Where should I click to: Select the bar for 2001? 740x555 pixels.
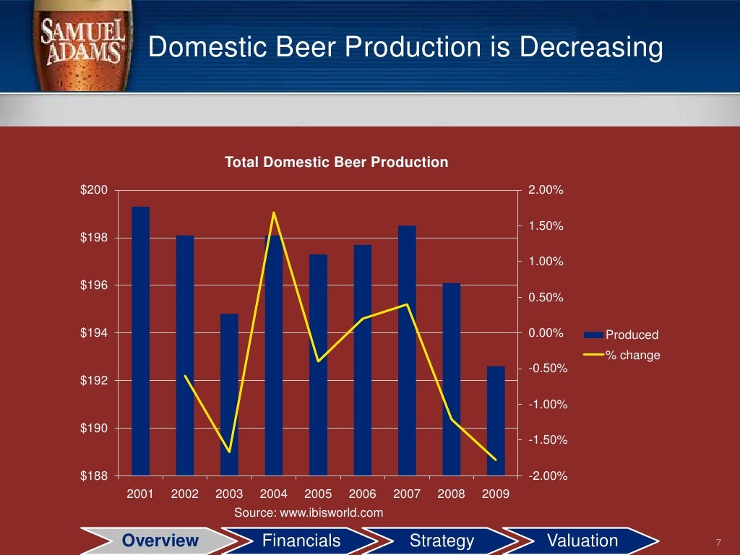140,340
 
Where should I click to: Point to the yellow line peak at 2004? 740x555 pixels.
274,212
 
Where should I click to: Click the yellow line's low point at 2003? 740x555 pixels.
230,452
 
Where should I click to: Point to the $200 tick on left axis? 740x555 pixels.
94,190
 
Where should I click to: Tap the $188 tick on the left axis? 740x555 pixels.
94,476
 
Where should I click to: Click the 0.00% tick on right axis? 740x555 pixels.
546,333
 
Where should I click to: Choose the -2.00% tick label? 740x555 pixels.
548,476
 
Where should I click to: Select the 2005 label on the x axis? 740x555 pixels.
318,494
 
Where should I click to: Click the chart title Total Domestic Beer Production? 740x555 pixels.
336,162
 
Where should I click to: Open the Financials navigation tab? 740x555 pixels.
301,541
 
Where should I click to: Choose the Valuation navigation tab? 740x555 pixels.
582,541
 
